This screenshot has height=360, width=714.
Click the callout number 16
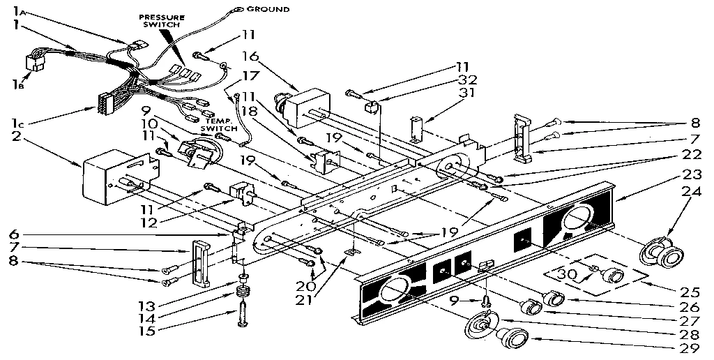[x=251, y=56]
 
